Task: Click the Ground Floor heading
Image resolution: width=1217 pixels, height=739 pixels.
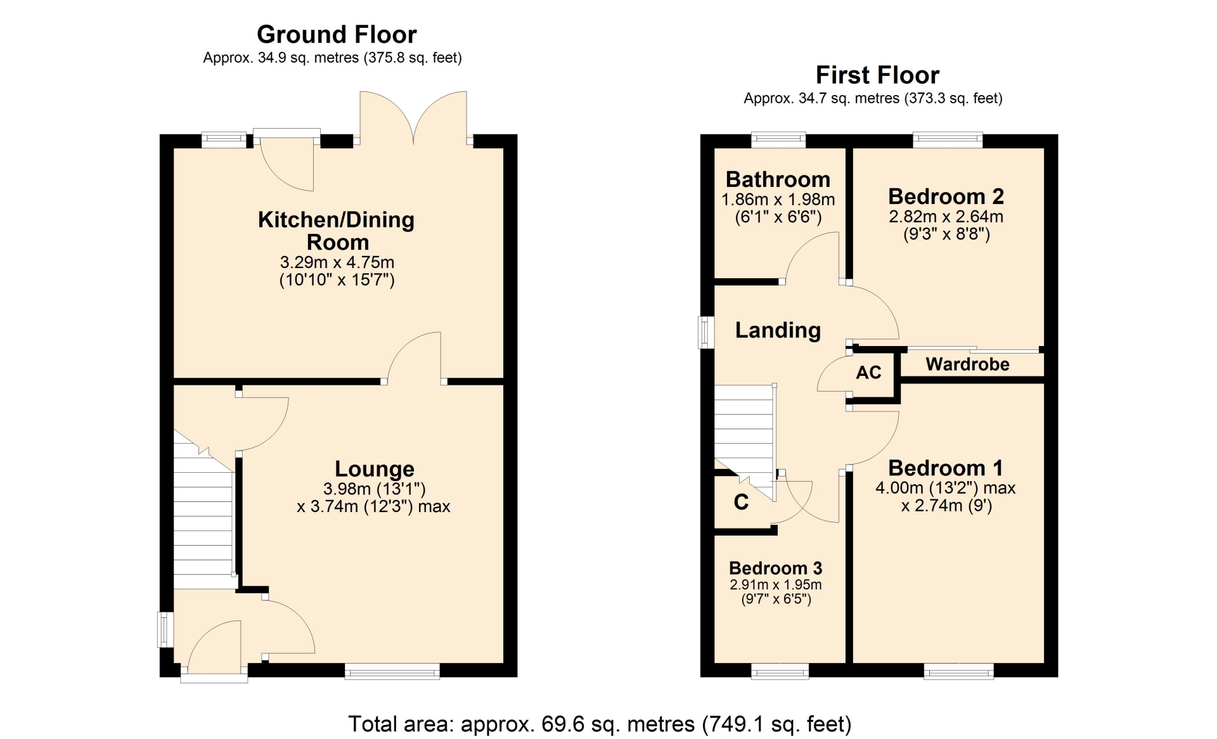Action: pos(337,34)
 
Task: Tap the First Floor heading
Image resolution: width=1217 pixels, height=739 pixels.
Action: pos(877,75)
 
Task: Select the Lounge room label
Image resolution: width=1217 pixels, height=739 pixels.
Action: pos(375,469)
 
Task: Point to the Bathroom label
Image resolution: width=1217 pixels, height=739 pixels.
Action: pos(778,179)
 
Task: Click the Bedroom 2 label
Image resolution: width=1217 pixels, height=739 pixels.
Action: pos(946,196)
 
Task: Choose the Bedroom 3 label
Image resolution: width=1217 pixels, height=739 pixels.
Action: pos(776,569)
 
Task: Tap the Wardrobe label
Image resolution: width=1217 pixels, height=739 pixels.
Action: pos(967,364)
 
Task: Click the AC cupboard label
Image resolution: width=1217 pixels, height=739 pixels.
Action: pos(868,373)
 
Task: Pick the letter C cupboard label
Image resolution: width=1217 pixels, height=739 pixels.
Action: pos(741,502)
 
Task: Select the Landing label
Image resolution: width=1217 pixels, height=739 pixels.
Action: pos(778,330)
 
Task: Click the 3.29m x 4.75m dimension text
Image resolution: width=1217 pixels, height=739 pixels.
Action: pos(337,262)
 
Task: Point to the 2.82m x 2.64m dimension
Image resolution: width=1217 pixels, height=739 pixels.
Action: pos(946,217)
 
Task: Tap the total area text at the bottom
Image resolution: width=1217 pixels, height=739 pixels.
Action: pos(600,724)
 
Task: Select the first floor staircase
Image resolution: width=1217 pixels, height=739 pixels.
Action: pos(745,437)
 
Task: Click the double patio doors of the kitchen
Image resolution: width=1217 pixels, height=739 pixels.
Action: pos(413,118)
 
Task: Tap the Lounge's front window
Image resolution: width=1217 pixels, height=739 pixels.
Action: pos(392,672)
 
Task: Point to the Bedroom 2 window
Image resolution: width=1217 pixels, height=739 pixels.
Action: pos(948,140)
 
